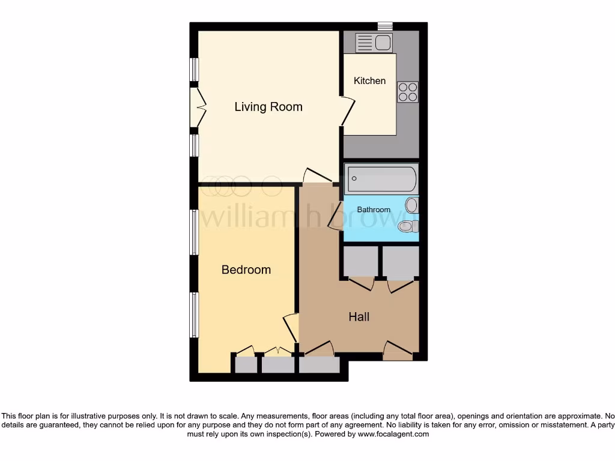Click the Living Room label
pos(268,107)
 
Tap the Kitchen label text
pos(369,80)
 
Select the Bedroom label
pos(246,270)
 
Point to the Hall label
pos(359,317)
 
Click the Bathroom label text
pos(374,210)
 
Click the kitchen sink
pos(373,43)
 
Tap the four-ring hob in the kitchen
pos(408,91)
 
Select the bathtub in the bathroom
pos(381,178)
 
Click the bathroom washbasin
pos(411,205)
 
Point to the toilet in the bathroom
pos(408,226)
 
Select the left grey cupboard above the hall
pos(360,262)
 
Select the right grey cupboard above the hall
pos(401,262)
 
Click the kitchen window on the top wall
pos(384,26)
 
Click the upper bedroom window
pos(194,232)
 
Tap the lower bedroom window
pos(194,315)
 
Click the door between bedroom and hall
pos(291,328)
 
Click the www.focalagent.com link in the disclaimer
pos(393,434)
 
